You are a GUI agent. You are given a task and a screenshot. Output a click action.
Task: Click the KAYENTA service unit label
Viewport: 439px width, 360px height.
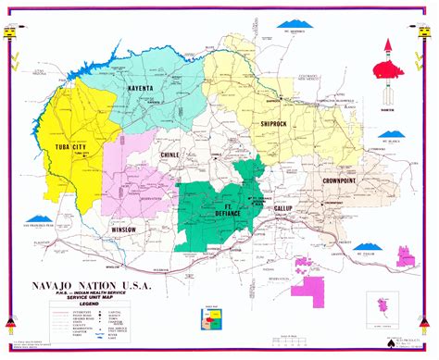pyautogui.click(x=144, y=89)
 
